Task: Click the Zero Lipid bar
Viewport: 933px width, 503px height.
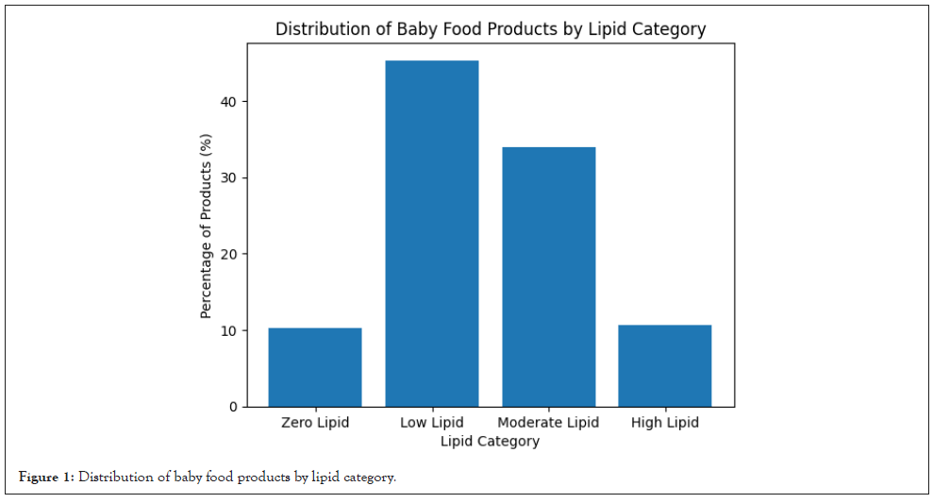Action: coord(315,367)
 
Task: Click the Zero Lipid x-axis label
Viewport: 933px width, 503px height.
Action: coord(315,423)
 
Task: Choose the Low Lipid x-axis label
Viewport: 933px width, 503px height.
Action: coord(432,423)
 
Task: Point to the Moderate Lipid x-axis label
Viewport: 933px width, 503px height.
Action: coord(548,423)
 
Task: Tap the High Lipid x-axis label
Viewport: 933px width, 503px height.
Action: coord(665,423)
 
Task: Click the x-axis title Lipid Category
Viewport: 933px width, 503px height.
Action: coord(490,441)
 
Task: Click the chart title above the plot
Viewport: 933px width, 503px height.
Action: coord(490,29)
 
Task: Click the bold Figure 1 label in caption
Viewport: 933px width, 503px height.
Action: coord(46,478)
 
